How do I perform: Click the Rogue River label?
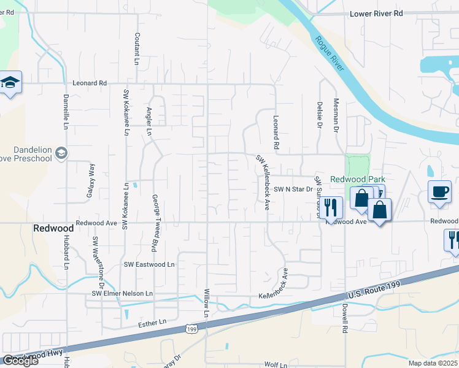click(x=329, y=54)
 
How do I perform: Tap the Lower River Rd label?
click(x=376, y=13)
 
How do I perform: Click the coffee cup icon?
click(x=439, y=191)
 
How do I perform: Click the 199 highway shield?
click(x=193, y=330)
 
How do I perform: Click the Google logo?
click(x=20, y=360)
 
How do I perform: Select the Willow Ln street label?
click(x=207, y=304)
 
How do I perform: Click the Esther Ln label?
click(x=153, y=321)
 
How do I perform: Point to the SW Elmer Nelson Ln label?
click(x=122, y=294)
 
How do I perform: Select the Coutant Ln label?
click(x=137, y=48)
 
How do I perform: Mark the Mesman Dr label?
click(x=336, y=115)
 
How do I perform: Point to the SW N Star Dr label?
click(x=293, y=190)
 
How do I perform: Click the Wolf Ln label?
click(x=276, y=364)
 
